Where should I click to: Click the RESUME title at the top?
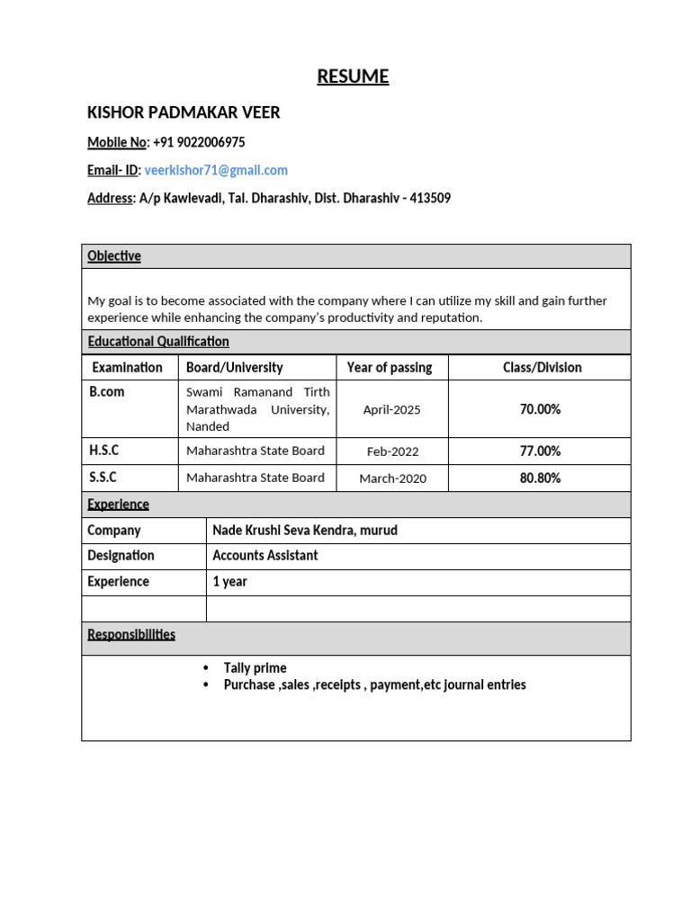pos(353,76)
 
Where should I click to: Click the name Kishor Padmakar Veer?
pos(184,112)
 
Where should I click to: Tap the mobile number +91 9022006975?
pos(199,142)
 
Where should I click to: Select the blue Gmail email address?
pos(216,170)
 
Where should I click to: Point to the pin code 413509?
pos(430,198)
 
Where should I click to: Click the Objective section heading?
pos(114,256)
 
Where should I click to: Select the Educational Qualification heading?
pos(158,342)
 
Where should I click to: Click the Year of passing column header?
pos(390,367)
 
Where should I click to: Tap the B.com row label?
pos(106,392)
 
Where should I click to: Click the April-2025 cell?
pos(391,409)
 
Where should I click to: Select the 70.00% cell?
pos(540,409)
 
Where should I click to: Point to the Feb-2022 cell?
pos(392,452)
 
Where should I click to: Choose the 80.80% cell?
pos(540,478)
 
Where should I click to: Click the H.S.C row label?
pos(103,451)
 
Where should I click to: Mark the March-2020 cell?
pos(392,478)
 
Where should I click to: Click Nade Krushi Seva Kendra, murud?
pos(305,531)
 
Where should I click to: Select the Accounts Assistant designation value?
pos(265,556)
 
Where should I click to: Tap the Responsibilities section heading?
pos(131,635)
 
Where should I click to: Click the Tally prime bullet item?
pos(255,668)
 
